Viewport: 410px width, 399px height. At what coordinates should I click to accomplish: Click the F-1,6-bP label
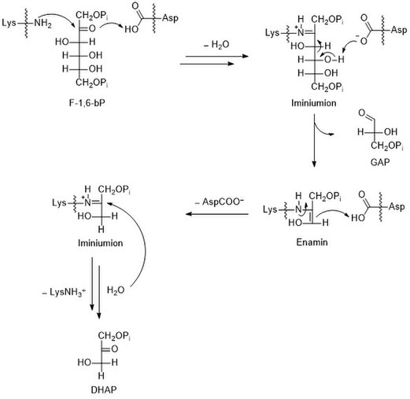click(87, 103)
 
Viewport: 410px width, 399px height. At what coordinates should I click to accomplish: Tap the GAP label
click(380, 162)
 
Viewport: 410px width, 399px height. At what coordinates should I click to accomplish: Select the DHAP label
click(104, 390)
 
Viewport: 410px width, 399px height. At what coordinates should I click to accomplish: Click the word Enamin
click(312, 242)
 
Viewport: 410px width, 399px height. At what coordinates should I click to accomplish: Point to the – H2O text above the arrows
click(216, 45)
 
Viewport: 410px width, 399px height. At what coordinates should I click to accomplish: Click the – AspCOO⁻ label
click(220, 202)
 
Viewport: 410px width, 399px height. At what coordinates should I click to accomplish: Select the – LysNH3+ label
click(64, 292)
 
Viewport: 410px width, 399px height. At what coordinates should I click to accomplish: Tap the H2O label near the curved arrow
click(116, 290)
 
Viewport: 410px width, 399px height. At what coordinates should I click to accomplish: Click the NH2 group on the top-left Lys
click(42, 24)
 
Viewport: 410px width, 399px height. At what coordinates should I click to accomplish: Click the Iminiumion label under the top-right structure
click(314, 103)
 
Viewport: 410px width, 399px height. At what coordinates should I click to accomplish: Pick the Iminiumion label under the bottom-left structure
click(101, 243)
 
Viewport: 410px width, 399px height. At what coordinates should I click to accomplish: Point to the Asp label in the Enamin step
click(397, 207)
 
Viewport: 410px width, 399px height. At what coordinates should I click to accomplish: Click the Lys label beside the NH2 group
click(9, 23)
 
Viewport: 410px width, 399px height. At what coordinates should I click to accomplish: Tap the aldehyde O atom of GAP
click(362, 113)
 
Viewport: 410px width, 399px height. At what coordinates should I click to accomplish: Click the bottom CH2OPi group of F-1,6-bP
click(92, 83)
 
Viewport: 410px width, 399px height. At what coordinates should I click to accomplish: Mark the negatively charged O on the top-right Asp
click(363, 40)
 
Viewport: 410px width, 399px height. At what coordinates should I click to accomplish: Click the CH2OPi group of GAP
click(387, 146)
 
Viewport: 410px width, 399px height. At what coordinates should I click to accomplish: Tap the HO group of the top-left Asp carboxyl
click(131, 29)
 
